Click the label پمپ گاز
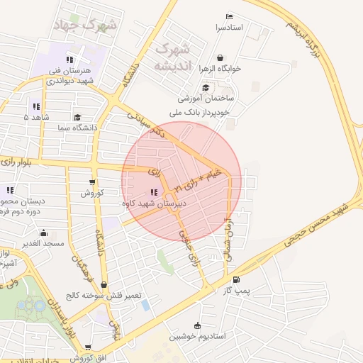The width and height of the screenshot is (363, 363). (247, 290)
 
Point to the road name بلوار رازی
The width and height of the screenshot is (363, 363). (21, 161)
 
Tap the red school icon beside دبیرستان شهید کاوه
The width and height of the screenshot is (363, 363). (154, 192)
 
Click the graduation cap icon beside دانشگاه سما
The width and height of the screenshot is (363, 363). (77, 117)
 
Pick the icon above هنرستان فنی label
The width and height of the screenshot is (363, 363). (69, 60)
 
